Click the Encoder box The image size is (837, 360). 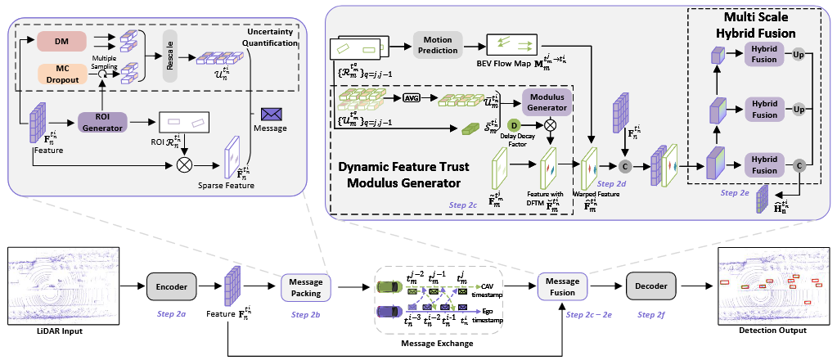click(x=171, y=287)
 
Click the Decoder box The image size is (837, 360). click(x=650, y=287)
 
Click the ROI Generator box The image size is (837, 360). click(x=102, y=123)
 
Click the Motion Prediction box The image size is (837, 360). click(x=439, y=44)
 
